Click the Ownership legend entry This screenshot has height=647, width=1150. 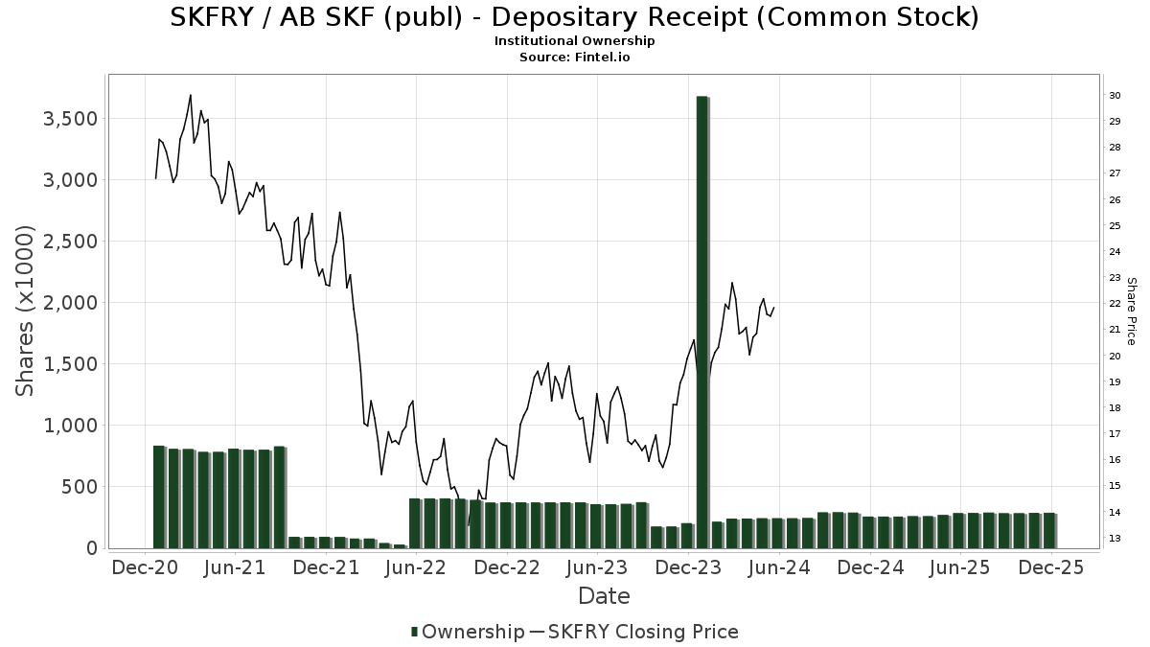(x=467, y=632)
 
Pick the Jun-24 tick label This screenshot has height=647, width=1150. (x=779, y=567)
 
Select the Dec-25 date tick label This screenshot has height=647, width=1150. (x=1051, y=567)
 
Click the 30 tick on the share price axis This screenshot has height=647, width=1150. (x=1115, y=96)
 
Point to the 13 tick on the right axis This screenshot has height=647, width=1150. (x=1115, y=539)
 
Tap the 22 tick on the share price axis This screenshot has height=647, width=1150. (x=1115, y=304)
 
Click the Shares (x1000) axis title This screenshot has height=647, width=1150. (x=25, y=311)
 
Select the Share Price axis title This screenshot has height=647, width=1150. (x=1132, y=311)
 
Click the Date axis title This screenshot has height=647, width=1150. (x=604, y=596)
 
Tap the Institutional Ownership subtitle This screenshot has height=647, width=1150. (x=574, y=41)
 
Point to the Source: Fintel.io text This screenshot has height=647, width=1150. (x=574, y=58)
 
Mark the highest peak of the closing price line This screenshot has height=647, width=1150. (x=191, y=95)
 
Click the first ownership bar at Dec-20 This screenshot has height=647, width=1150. (x=159, y=497)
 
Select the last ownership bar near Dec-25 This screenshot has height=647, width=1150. (x=1049, y=530)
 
